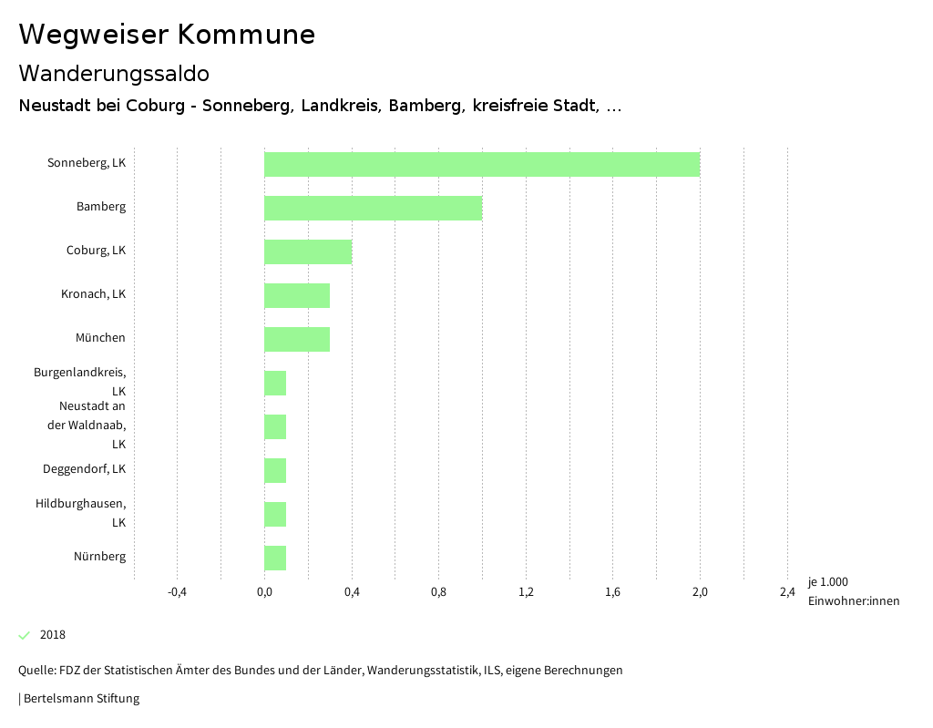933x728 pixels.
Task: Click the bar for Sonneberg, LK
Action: (482, 164)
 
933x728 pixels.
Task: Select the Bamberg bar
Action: (373, 208)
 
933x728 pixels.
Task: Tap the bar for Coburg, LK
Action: (308, 251)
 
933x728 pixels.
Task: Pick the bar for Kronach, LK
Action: (297, 295)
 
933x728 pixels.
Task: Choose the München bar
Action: (297, 339)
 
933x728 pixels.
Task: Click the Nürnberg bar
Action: (275, 558)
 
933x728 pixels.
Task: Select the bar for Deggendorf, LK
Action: (275, 470)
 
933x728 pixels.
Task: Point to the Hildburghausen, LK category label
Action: (81, 513)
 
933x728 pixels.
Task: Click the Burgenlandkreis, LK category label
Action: (80, 382)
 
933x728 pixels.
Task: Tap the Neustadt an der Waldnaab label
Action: (87, 425)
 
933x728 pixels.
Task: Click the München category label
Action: (100, 338)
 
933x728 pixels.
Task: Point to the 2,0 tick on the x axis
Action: (700, 592)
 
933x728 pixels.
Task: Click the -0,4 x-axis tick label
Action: (177, 592)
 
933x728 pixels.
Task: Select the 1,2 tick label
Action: (526, 592)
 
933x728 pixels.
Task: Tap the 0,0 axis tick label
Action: (264, 592)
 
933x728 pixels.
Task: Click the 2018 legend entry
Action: (52, 635)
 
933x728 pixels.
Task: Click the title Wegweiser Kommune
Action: (167, 35)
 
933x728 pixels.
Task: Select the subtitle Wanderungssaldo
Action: (114, 73)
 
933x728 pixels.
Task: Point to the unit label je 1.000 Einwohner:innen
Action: (853, 591)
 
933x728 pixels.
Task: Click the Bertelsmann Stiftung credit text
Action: (80, 699)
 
